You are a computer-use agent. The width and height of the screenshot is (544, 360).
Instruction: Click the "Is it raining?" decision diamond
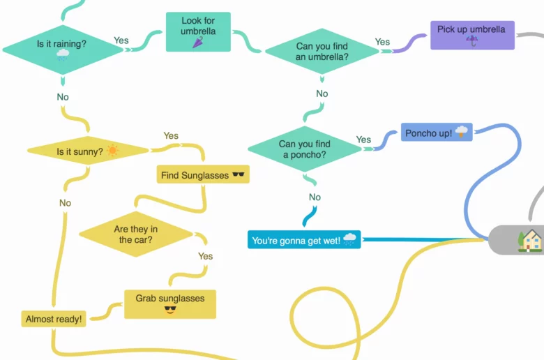point(62,49)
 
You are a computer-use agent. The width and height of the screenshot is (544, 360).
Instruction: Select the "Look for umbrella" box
point(198,32)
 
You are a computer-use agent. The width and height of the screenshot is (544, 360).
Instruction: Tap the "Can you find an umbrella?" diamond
point(322,52)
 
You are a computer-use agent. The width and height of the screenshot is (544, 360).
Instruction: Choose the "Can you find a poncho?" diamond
point(304,149)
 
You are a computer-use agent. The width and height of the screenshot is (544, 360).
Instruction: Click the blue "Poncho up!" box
point(437,132)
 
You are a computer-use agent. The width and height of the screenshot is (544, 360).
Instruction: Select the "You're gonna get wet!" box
point(304,240)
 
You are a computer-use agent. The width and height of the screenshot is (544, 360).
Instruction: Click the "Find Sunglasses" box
point(203,174)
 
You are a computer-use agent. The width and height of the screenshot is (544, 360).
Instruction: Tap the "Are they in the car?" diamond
point(135,234)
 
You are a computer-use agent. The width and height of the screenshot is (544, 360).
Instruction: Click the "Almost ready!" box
point(54,319)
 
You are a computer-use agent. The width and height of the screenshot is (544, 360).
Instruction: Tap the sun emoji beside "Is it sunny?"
point(112,150)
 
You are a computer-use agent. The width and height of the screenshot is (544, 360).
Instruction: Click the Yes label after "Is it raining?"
point(121,40)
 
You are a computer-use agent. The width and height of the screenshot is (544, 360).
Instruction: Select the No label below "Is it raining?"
point(63,97)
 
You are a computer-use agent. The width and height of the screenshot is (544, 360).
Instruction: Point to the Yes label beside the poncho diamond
point(363,140)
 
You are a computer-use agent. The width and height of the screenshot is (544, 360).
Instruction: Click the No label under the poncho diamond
point(315,197)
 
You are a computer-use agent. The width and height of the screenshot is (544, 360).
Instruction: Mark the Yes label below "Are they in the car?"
point(205,256)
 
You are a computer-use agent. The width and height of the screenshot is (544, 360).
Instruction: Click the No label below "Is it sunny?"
point(65,203)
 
